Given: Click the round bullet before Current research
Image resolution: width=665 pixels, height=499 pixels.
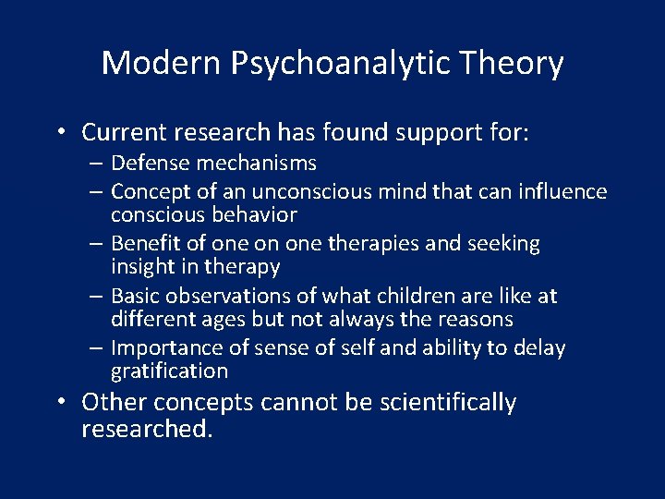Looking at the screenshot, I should tap(59, 133).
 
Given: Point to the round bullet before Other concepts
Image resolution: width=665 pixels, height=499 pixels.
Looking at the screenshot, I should tap(59, 403).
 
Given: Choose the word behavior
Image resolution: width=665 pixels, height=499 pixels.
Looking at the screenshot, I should tap(253, 214).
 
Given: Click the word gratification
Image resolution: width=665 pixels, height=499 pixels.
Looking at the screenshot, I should tap(169, 371).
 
